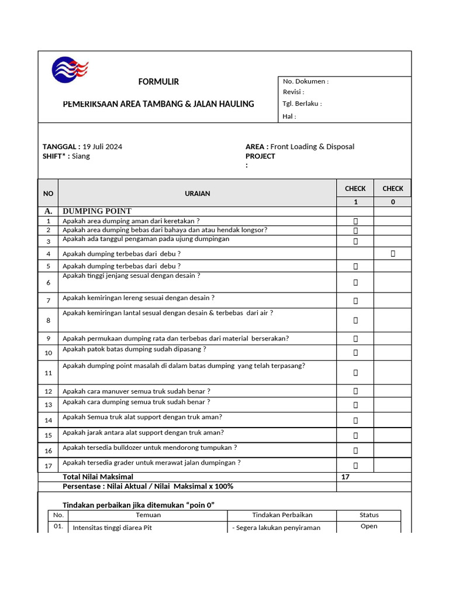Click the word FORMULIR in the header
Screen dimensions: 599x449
(158, 82)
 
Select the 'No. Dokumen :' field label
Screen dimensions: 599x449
(305, 82)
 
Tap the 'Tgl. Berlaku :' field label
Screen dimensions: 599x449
(302, 104)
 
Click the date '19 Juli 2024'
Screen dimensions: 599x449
(102, 147)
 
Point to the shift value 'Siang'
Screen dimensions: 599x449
(81, 156)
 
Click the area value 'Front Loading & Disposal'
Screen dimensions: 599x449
(312, 147)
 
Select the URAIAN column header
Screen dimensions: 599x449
(197, 193)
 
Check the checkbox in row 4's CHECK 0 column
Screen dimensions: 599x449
(392, 253)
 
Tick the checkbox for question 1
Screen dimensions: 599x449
(355, 221)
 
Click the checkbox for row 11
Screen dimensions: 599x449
(355, 373)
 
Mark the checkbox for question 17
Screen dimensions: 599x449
(355, 466)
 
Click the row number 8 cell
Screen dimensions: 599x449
(49, 321)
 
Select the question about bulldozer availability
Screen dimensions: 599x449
(150, 447)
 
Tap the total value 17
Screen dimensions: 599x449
(345, 477)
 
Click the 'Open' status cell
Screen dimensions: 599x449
(369, 526)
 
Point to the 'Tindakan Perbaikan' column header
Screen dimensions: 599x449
(282, 515)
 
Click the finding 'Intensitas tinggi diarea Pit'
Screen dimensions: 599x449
(112, 528)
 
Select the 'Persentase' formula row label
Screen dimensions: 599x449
(147, 487)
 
